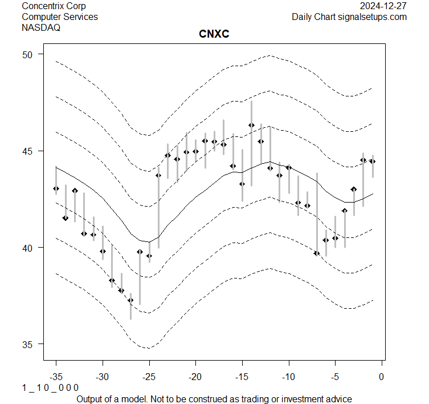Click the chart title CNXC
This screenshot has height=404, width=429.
pos(214,35)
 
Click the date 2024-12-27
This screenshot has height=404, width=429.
pos(383,6)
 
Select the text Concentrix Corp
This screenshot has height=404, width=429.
pos(54,6)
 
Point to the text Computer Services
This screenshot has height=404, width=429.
pos(59,17)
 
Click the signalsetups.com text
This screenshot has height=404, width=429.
pos(373,17)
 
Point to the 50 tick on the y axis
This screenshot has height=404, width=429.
pos(28,54)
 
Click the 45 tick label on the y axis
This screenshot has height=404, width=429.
pos(28,151)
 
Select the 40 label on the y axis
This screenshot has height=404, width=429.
pos(28,248)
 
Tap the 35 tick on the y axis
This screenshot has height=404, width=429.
pos(28,344)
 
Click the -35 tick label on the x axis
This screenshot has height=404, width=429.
pos(56,377)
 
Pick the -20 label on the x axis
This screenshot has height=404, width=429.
pos(195,377)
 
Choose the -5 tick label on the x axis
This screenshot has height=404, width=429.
pos(335,377)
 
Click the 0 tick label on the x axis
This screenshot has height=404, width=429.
pos(381,377)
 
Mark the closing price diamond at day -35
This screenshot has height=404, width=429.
pos(56,188)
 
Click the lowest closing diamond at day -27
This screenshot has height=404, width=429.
pos(130,300)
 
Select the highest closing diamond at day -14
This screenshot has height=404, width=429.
pos(251,125)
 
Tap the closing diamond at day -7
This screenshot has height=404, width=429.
pos(317,253)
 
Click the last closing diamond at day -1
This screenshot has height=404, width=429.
pos(373,161)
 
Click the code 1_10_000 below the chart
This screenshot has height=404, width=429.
pos(50,388)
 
